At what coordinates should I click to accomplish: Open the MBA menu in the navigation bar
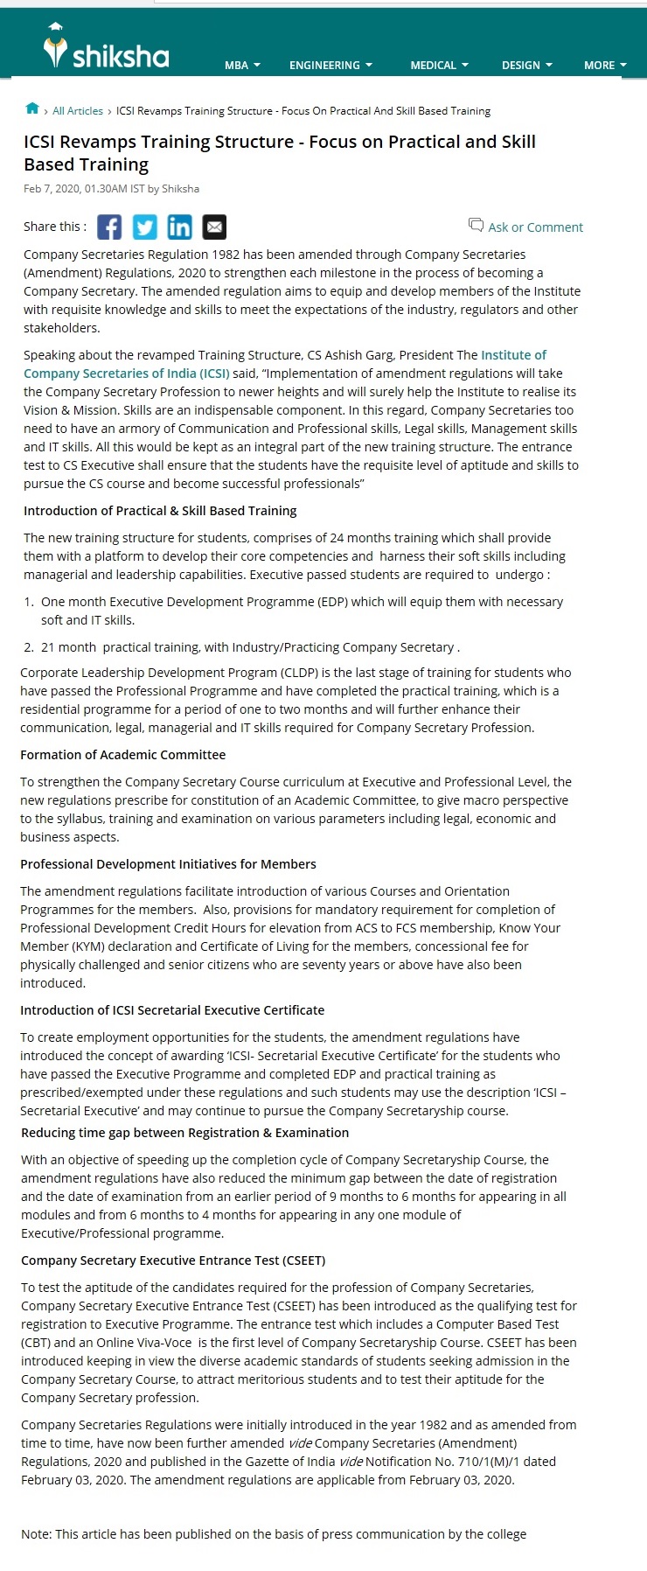pos(242,66)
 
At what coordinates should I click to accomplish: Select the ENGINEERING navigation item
pos(330,66)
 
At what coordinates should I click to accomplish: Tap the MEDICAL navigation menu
pos(439,66)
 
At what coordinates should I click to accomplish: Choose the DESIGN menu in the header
pos(526,66)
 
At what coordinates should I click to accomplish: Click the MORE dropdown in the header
pos(605,66)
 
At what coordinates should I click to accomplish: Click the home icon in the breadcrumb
pos(32,109)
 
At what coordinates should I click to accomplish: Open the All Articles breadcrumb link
pos(78,111)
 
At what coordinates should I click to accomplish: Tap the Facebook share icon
pos(109,227)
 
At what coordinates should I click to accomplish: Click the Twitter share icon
pos(144,227)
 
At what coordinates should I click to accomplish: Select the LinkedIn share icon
pos(179,227)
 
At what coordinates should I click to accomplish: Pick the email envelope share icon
pos(214,227)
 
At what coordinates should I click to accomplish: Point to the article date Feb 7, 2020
pos(52,189)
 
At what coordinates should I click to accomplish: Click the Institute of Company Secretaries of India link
pos(127,374)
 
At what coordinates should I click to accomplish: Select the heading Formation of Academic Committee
pos(122,755)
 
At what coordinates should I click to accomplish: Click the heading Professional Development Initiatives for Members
pos(168,864)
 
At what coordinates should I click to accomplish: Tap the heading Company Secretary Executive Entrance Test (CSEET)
pos(173,1260)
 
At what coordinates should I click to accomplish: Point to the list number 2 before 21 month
pos(28,647)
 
